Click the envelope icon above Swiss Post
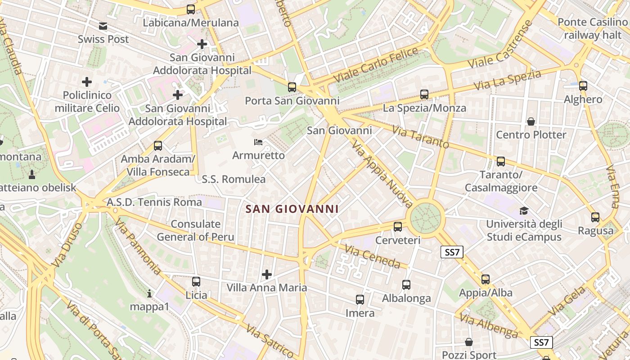tap(103, 26)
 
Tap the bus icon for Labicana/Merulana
tap(191, 9)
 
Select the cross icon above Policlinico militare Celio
tap(87, 82)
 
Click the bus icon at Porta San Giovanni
tap(292, 87)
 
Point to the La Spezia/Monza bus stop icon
tap(424, 94)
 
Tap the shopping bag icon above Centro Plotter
tap(531, 121)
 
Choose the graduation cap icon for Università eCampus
tap(524, 211)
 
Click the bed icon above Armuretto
tap(258, 142)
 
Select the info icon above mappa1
tap(149, 294)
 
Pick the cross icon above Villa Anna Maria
tap(267, 274)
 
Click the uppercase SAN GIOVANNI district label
tap(292, 209)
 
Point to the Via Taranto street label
tap(420, 137)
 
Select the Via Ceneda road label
tap(372, 257)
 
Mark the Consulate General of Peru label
tap(195, 230)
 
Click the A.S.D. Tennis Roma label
tap(154, 202)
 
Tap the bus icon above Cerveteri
tap(398, 227)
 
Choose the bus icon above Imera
tap(360, 300)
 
